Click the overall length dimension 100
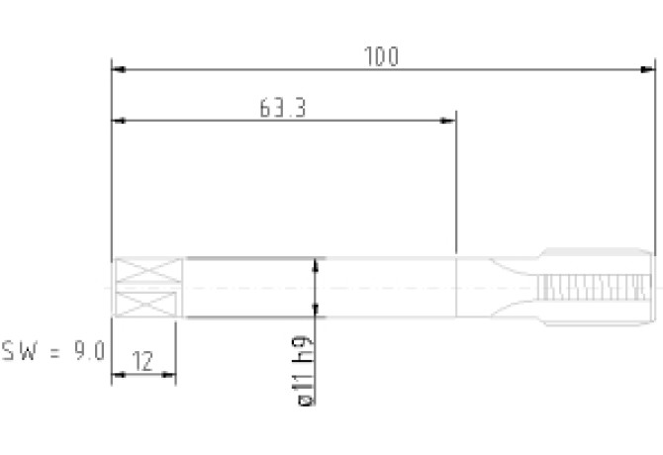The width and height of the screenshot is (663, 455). (x=381, y=56)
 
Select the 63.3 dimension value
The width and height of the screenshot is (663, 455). (x=282, y=108)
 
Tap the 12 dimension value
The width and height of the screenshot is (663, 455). (x=142, y=361)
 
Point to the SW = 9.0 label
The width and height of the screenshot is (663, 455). (x=53, y=351)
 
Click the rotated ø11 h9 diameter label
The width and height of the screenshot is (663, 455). (x=304, y=370)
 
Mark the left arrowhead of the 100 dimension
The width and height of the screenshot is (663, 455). (x=119, y=69)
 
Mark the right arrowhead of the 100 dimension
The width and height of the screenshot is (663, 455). (x=647, y=69)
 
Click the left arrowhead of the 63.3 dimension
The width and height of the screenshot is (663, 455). (x=119, y=121)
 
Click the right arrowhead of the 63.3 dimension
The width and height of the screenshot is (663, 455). (x=448, y=121)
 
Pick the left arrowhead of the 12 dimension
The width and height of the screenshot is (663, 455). (x=118, y=374)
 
